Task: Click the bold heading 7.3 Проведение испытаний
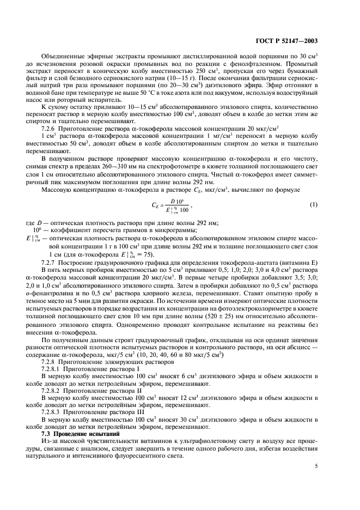click(77, 433)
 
